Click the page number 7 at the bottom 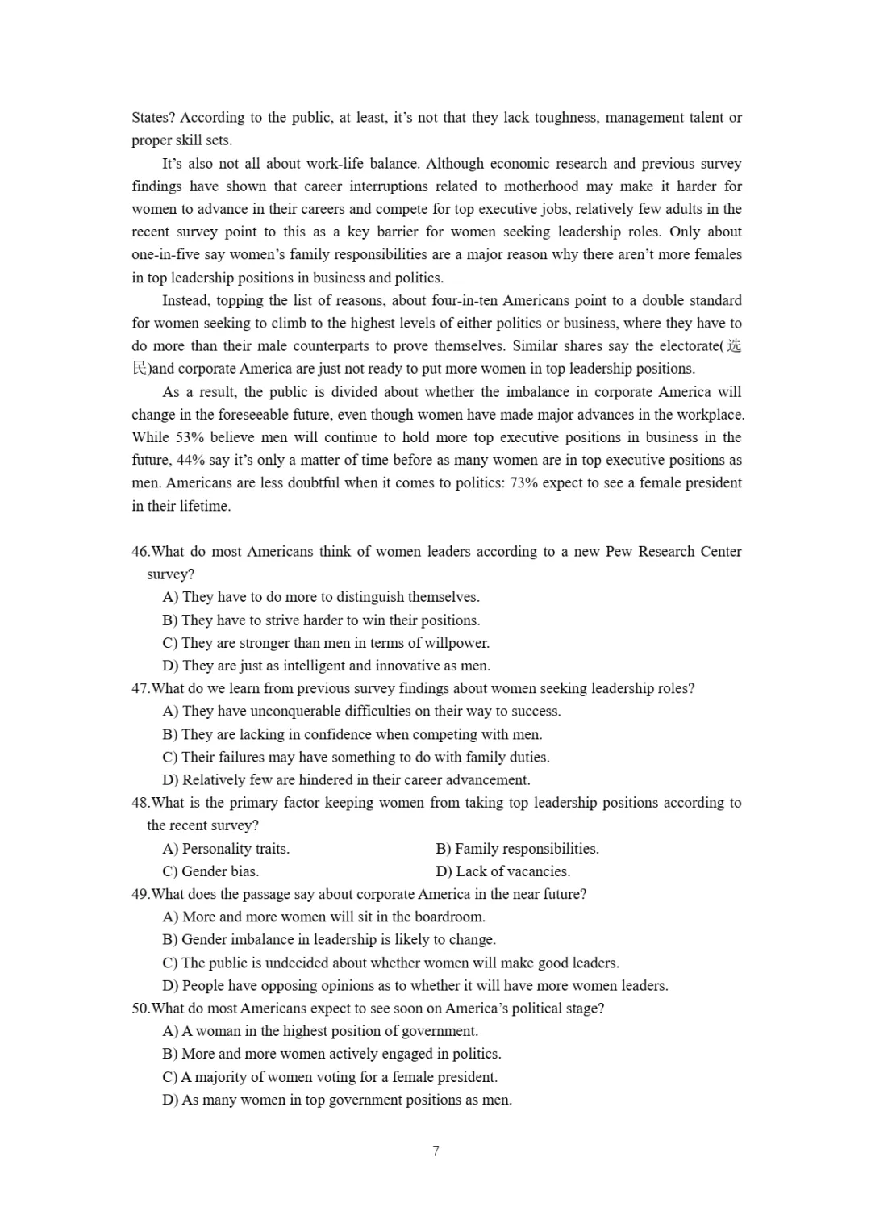(435, 1151)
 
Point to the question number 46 (140, 552)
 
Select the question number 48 (140, 803)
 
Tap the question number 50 (140, 1009)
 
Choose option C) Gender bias (210, 871)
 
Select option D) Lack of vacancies (503, 871)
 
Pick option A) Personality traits (226, 849)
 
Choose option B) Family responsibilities (518, 849)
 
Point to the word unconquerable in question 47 (296, 712)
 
